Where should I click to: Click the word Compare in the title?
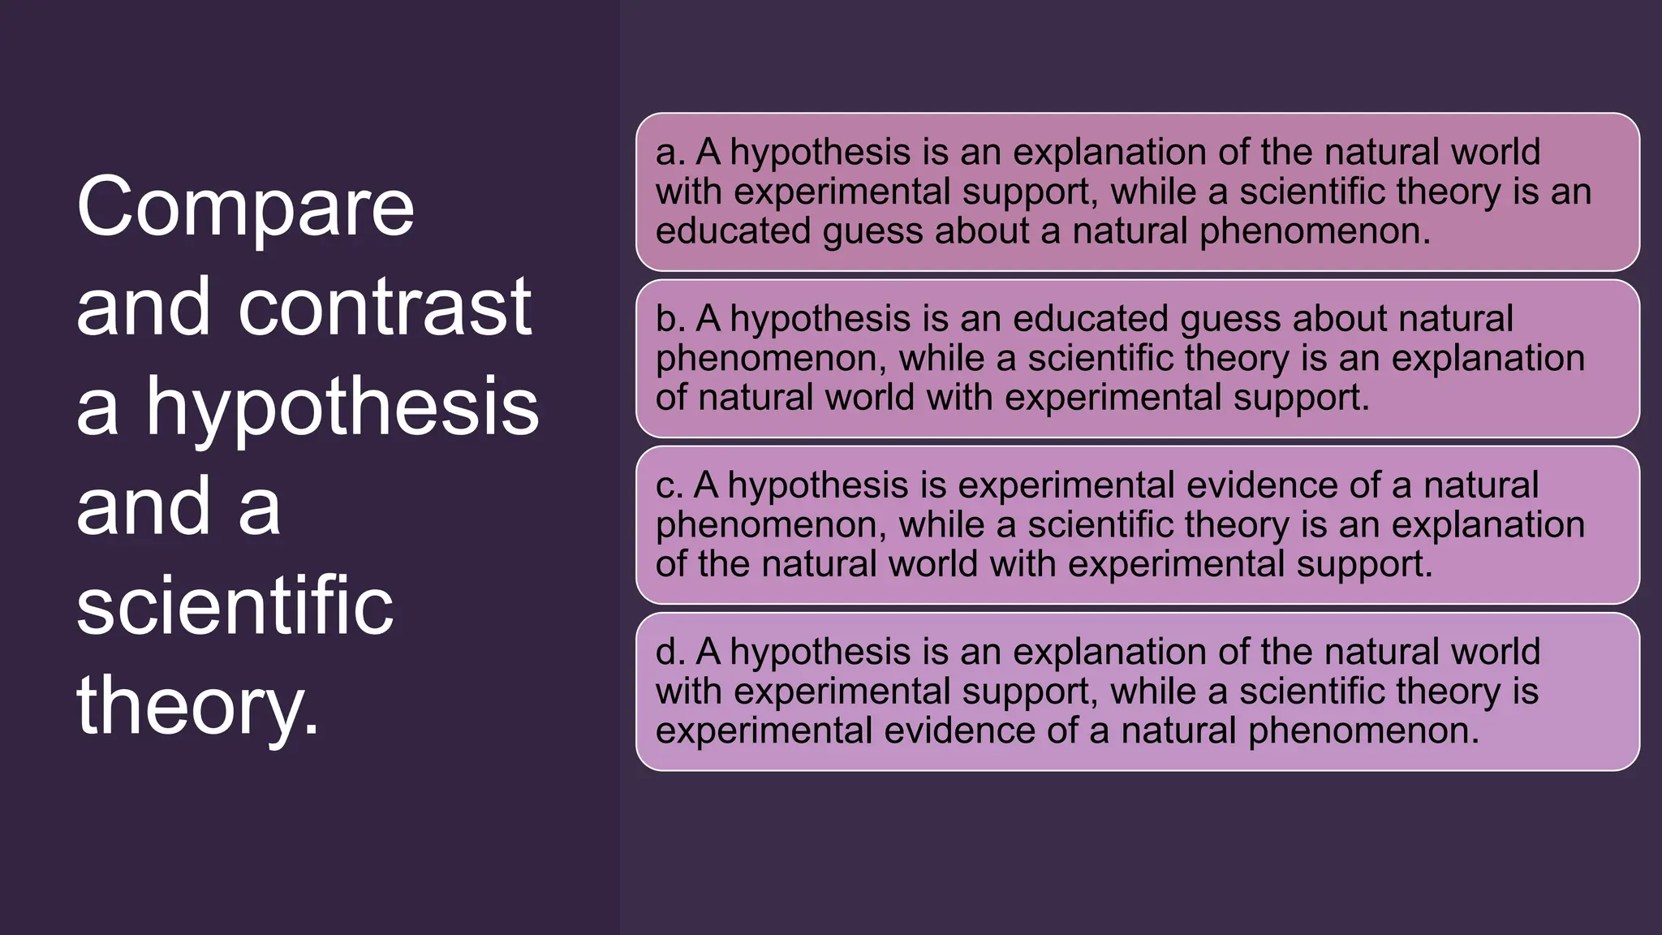(245, 208)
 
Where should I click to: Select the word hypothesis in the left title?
(342, 407)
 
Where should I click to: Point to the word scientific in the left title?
(235, 605)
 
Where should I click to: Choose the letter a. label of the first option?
(670, 153)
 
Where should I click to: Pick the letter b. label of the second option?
(670, 319)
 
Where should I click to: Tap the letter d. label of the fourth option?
(670, 652)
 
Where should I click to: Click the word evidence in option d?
(959, 730)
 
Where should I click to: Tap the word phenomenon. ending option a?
(1315, 231)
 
